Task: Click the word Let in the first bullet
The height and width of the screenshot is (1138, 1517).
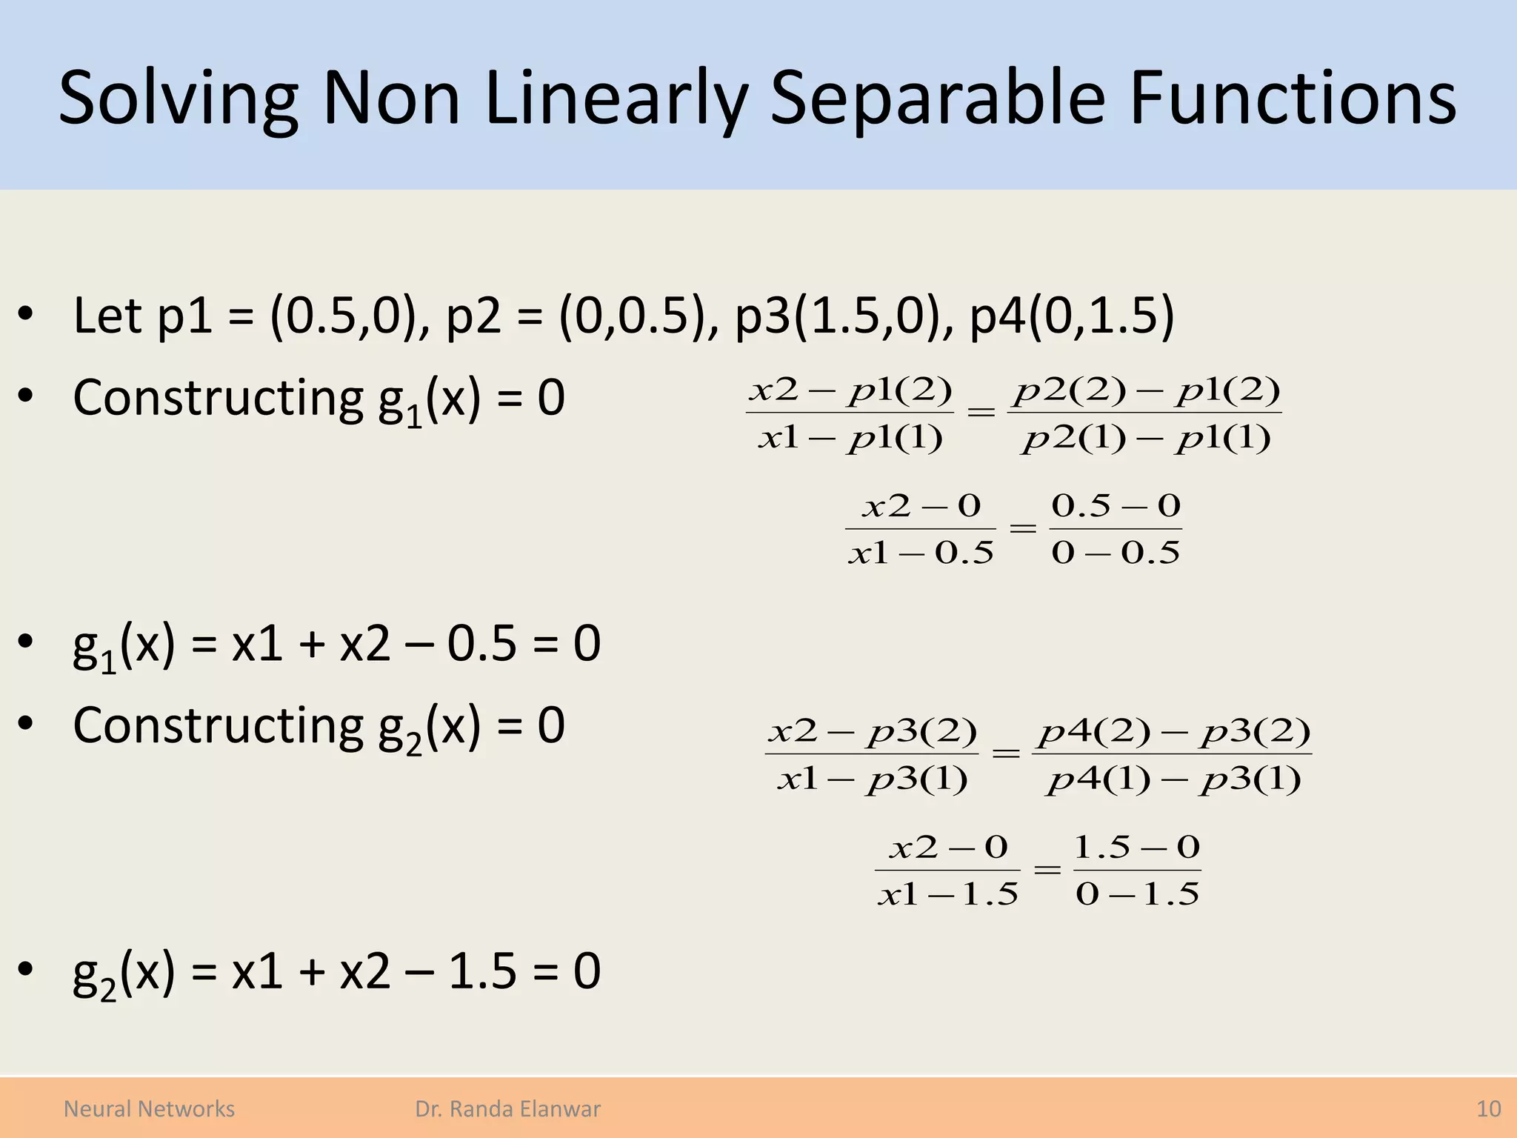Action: [107, 316]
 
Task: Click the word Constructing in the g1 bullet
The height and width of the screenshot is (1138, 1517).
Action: [218, 398]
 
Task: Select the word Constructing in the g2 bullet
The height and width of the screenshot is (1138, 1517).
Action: [218, 725]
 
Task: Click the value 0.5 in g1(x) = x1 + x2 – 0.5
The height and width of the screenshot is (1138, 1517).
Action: [481, 643]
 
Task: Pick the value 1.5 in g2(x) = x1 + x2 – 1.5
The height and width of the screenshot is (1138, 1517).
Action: [481, 971]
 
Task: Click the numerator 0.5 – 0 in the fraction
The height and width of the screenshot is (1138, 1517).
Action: [1116, 506]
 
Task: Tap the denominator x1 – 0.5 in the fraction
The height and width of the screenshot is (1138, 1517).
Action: [921, 553]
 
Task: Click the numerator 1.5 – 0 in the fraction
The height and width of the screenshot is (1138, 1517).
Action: [1137, 847]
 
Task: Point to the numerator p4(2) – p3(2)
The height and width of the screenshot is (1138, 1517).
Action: [1173, 732]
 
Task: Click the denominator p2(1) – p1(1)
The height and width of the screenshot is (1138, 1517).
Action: [1145, 439]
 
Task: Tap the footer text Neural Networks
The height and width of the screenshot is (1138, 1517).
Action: [149, 1108]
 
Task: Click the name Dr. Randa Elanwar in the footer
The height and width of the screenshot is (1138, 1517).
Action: [507, 1108]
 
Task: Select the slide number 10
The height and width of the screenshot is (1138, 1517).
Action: [1488, 1108]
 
